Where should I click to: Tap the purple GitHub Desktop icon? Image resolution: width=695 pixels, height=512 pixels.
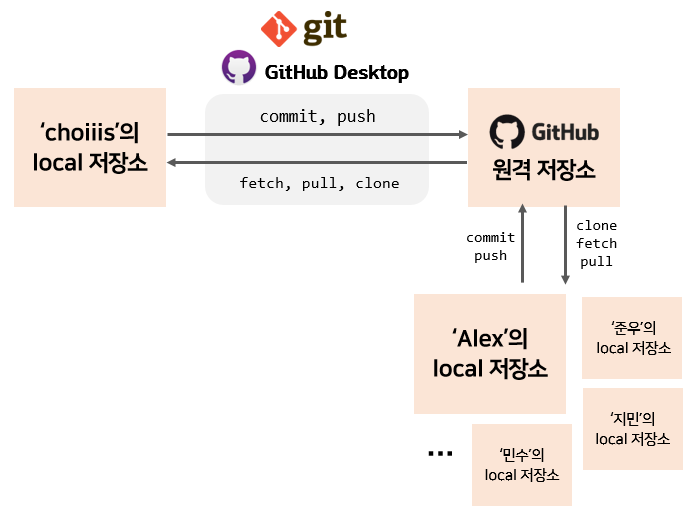(x=238, y=68)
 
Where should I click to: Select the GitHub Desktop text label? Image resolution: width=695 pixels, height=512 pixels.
(x=336, y=73)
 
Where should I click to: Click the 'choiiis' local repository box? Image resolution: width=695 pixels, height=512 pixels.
(x=90, y=147)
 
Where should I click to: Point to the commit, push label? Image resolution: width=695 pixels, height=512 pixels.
(x=317, y=116)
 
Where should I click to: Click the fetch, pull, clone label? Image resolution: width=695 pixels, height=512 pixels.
(x=319, y=183)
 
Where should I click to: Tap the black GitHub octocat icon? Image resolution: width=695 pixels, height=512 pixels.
(x=506, y=133)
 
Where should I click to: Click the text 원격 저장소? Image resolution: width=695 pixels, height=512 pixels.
(x=545, y=170)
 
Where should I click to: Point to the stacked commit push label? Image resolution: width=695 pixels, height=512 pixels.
(x=490, y=246)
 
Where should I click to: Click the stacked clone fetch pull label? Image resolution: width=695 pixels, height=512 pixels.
(x=597, y=243)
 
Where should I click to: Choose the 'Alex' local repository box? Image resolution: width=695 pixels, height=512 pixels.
(x=490, y=353)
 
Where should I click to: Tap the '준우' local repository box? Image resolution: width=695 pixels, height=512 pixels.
(x=632, y=337)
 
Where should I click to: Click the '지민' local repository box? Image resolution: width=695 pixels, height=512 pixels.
(x=632, y=428)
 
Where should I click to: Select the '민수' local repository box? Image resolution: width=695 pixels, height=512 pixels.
(x=521, y=464)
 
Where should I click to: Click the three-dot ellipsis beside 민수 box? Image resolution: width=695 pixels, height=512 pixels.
(x=439, y=454)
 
